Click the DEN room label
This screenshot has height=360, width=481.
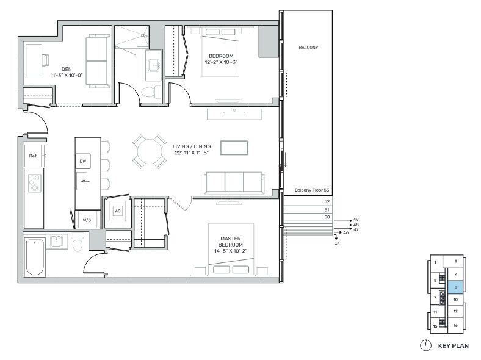click(x=67, y=69)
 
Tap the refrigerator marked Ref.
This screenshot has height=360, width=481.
click(x=34, y=156)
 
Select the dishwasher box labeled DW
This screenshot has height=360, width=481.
click(x=83, y=161)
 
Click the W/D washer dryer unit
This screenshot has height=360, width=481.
click(x=87, y=220)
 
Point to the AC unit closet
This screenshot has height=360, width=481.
click(x=118, y=211)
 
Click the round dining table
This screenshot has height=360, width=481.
click(x=150, y=151)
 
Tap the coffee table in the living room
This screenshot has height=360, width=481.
click(x=234, y=148)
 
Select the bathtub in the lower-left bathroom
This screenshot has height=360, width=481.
click(x=35, y=257)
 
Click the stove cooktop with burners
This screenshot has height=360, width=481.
click(x=34, y=183)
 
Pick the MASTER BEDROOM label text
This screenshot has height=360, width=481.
click(x=230, y=242)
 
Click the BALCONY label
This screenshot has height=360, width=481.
click(x=308, y=47)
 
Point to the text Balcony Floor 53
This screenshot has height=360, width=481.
click(x=312, y=190)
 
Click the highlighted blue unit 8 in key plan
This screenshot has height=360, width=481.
click(x=455, y=287)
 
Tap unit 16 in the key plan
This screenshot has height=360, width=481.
click(x=455, y=325)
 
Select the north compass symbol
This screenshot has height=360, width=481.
click(x=425, y=345)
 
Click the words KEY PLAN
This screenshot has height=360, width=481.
click(x=453, y=346)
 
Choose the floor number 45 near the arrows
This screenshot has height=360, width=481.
click(x=337, y=244)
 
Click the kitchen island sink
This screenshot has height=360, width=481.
click(x=84, y=181)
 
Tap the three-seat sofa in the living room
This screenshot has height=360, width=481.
click(x=234, y=183)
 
